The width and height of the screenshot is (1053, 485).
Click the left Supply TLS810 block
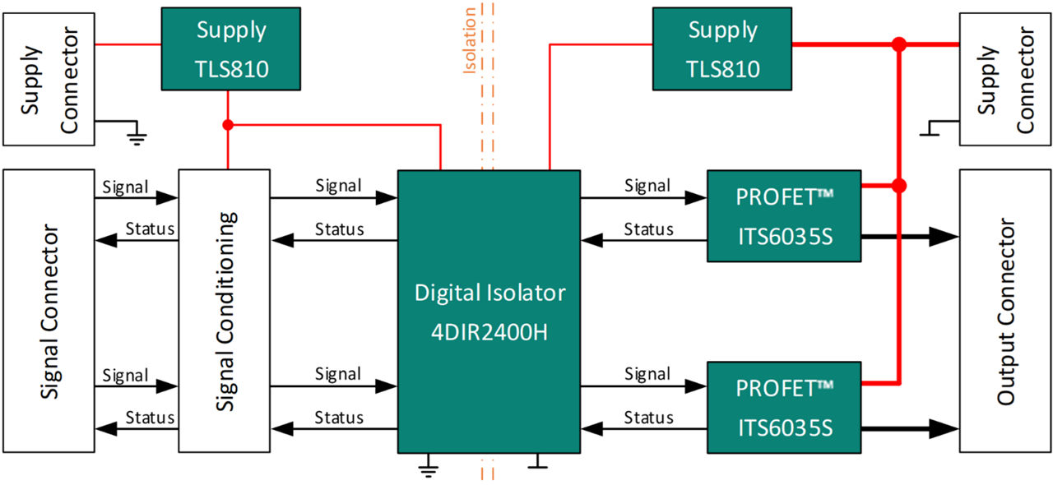226,48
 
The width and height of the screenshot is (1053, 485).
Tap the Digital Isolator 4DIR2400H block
489,312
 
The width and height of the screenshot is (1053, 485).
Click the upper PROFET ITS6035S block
784,216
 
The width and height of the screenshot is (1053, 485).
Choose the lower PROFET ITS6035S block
784,407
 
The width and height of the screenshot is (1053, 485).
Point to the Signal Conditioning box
224,311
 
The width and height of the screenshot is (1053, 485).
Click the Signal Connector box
49,311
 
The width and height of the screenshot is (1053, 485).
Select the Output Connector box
1005,311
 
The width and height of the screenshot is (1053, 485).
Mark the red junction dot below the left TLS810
227,126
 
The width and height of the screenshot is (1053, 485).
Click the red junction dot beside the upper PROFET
899,186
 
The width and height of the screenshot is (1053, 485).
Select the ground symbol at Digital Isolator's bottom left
427,469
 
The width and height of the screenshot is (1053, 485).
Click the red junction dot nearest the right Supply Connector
899,44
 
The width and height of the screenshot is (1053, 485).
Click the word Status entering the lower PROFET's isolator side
648,418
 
